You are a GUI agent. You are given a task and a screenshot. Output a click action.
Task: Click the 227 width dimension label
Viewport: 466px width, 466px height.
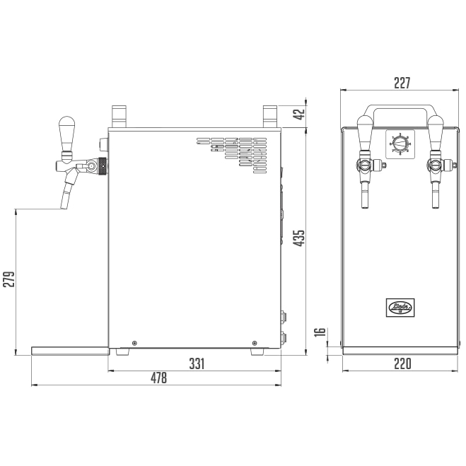point(401,83)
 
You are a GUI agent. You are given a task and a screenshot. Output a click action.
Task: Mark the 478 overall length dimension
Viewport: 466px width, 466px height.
point(158,378)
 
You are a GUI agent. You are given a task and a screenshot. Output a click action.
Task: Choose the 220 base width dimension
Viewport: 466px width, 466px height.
point(401,363)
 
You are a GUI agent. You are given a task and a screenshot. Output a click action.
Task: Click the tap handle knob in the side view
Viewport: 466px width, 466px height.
point(67,129)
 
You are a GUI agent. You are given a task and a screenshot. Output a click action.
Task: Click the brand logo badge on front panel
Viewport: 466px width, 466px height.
point(400,307)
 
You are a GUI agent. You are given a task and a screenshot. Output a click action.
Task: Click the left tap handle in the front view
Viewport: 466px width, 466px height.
point(365,131)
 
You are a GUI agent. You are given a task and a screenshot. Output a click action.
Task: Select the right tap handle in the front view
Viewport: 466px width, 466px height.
point(435,131)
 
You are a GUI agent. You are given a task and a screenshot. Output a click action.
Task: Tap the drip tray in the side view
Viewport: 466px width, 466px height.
point(69,350)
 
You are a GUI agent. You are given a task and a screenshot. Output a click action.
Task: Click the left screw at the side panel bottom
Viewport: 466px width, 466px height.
point(135,343)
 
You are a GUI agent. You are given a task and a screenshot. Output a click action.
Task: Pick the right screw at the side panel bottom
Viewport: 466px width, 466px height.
point(254,343)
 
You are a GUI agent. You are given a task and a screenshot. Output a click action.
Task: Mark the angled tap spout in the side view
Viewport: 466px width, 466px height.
point(68,191)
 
